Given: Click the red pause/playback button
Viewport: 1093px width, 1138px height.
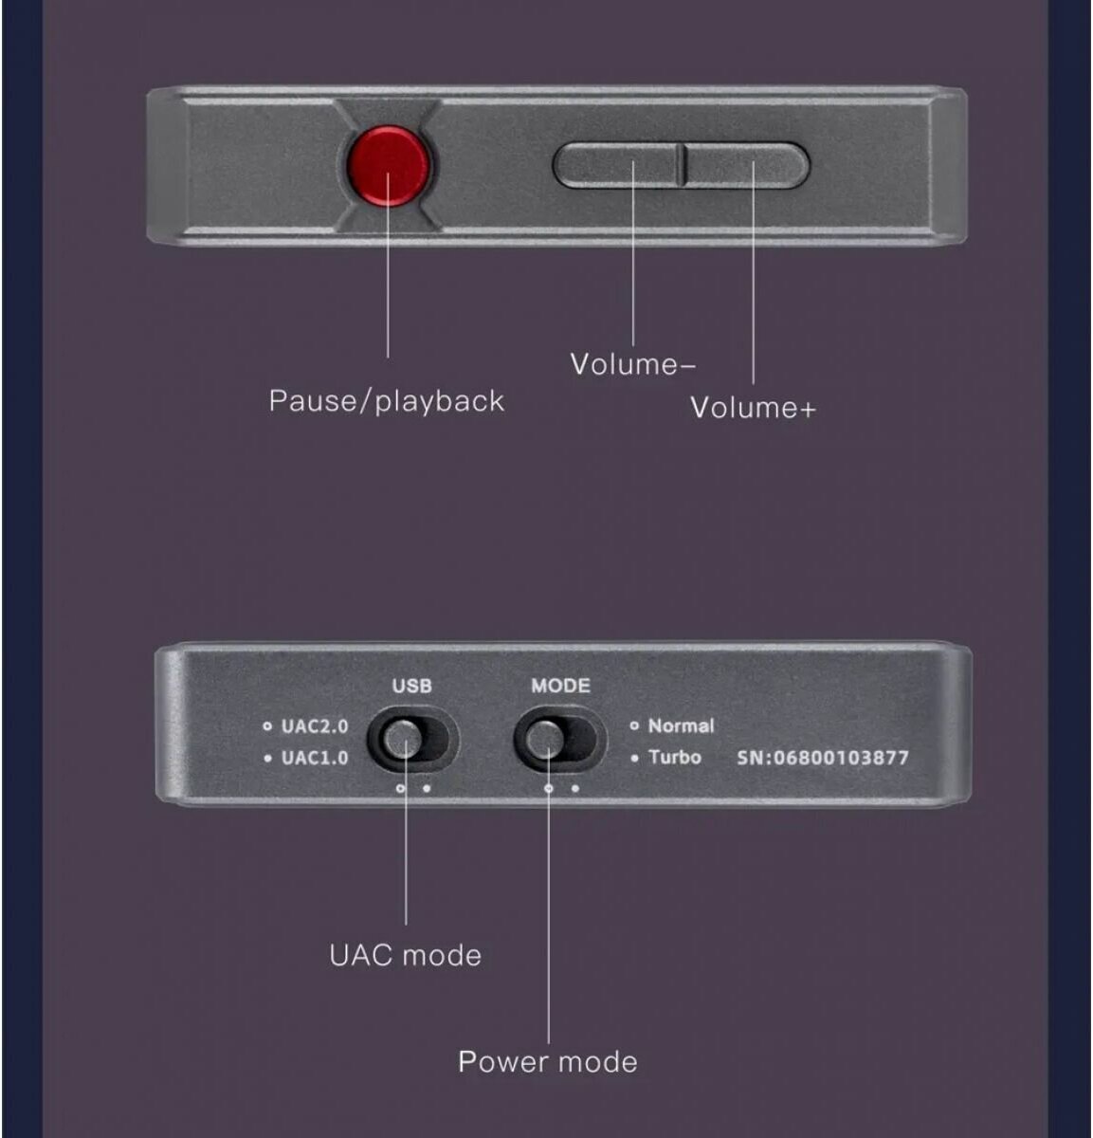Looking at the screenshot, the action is pyautogui.click(x=388, y=163).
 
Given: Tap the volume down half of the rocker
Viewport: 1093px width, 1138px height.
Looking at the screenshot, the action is pyautogui.click(x=617, y=164).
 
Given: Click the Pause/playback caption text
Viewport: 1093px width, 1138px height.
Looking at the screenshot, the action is pyautogui.click(x=387, y=400).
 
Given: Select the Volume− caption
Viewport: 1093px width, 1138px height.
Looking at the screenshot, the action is pyautogui.click(x=633, y=364).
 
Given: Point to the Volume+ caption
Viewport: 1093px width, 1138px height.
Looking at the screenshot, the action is pyautogui.click(x=753, y=408).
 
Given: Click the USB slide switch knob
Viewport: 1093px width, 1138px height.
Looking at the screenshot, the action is pyautogui.click(x=405, y=740).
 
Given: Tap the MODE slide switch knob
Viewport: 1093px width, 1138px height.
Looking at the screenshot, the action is pyautogui.click(x=546, y=740).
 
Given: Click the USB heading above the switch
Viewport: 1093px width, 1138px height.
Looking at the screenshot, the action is pyautogui.click(x=411, y=686).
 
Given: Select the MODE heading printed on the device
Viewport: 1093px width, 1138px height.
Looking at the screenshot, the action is pyautogui.click(x=559, y=686).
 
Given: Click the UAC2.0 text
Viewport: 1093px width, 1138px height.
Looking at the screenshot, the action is pyautogui.click(x=315, y=726).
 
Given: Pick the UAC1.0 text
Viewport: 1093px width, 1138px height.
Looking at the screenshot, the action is pyautogui.click(x=315, y=758).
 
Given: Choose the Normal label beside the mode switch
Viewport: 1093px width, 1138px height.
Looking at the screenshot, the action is pyautogui.click(x=681, y=725).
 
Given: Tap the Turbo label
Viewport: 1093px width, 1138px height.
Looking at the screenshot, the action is pyautogui.click(x=675, y=757).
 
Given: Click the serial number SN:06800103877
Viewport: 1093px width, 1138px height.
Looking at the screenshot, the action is pyautogui.click(x=823, y=758).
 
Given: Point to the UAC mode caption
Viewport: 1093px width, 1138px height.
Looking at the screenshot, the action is pyautogui.click(x=405, y=954).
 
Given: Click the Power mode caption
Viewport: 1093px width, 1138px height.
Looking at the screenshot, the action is pyautogui.click(x=548, y=1060).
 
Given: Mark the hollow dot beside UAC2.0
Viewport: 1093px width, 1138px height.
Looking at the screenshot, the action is pyautogui.click(x=268, y=726).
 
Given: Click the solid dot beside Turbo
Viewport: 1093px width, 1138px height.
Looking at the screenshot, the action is pyautogui.click(x=634, y=758).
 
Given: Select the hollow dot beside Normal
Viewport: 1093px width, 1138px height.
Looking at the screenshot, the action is pyautogui.click(x=634, y=725).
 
